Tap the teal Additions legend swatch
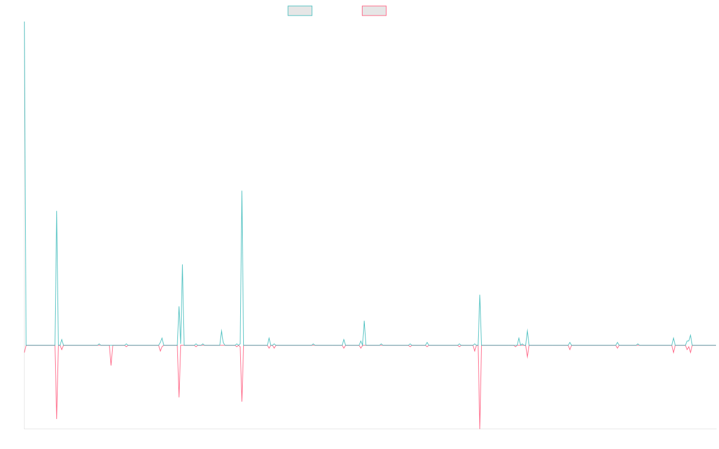[300, 11]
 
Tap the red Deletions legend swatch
[374, 11]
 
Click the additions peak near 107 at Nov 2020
[242, 192]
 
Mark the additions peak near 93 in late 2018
[57, 211]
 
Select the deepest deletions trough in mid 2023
[480, 427]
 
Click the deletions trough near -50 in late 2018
[57, 417]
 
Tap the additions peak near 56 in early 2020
[182, 265]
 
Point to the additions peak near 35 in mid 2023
[480, 295]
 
